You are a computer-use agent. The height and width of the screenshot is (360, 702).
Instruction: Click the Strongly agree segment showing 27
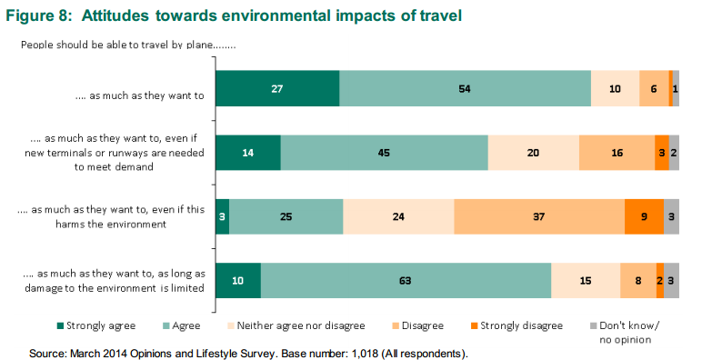pos(276,88)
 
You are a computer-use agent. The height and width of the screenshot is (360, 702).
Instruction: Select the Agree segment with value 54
pos(465,88)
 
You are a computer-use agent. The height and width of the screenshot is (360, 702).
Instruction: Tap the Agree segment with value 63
pos(406,281)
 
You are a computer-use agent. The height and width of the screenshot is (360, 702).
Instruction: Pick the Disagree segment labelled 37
pos(539,216)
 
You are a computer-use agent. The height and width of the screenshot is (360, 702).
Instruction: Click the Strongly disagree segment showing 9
pos(644,216)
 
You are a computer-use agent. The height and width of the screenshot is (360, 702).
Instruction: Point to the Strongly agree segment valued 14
pos(247,153)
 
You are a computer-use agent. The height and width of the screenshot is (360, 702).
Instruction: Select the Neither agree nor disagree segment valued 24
pos(398,216)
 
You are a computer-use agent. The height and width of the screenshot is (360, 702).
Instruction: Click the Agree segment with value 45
pos(384,153)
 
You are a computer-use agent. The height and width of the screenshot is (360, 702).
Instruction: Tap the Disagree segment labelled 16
pos(617,153)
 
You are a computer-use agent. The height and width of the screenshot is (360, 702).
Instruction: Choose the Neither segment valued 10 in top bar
pos(615,88)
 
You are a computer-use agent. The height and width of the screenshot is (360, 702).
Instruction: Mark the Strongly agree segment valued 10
pos(237,281)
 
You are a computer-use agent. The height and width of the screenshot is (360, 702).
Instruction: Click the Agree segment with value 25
pos(286,216)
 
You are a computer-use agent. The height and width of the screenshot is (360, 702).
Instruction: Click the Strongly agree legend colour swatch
pos(61,325)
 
